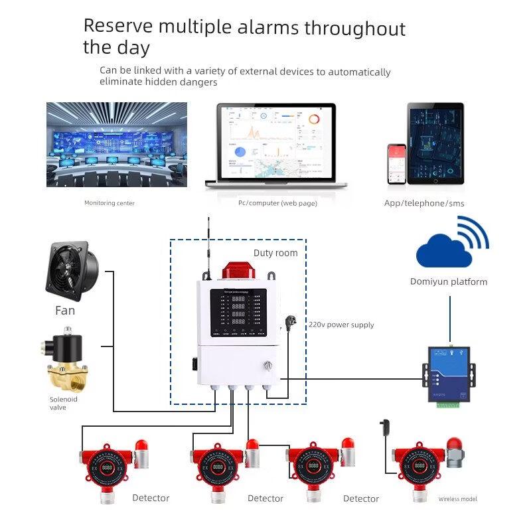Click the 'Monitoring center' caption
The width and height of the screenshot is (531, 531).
point(110,203)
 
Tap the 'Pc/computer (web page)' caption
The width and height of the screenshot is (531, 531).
point(277,203)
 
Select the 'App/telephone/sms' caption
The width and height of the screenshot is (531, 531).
point(424,203)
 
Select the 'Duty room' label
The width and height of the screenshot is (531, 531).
point(275,253)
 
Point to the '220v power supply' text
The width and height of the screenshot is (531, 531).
point(341,325)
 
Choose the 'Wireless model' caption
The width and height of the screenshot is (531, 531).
point(457,499)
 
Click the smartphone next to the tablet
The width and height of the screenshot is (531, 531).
point(397,163)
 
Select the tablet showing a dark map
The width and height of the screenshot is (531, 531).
point(435,144)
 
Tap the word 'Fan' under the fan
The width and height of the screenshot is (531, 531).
point(65,311)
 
